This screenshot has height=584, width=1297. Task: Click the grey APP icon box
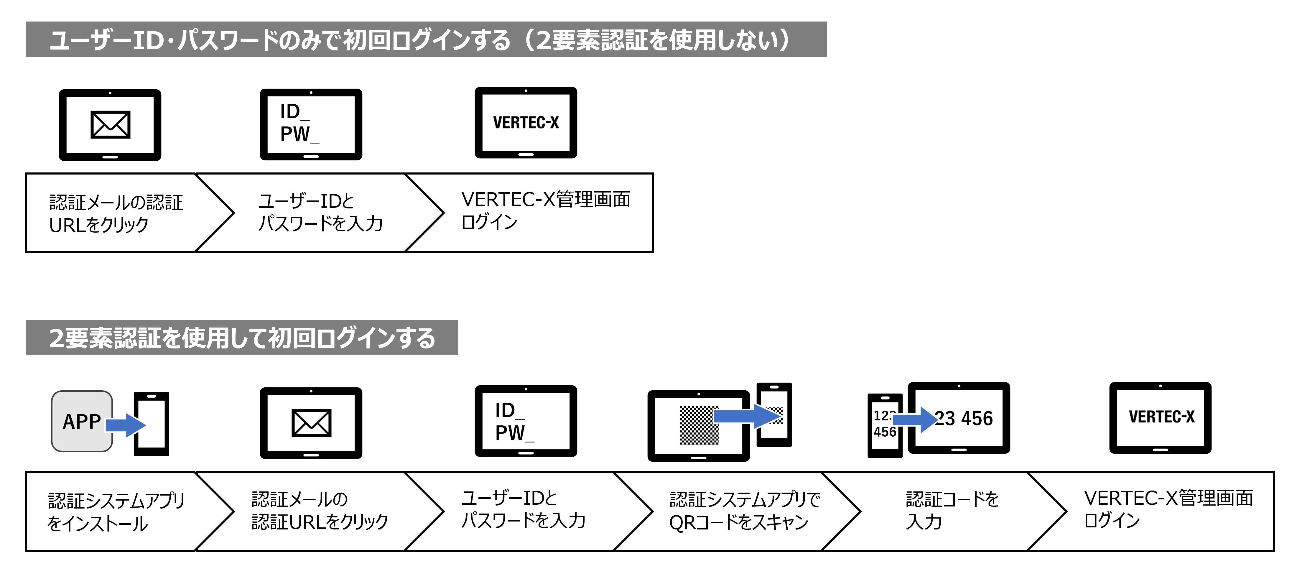tap(82, 421)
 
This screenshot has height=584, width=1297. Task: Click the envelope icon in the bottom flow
tap(311, 423)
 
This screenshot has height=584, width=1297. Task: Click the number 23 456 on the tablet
tap(963, 418)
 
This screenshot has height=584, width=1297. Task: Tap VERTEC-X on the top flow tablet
tap(526, 122)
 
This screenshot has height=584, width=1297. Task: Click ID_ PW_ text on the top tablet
tap(299, 123)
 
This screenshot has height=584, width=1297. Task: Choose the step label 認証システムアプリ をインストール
tap(116, 511)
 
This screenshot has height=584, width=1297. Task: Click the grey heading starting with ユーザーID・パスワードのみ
tap(426, 39)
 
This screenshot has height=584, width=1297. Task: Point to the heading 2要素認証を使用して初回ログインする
tap(242, 337)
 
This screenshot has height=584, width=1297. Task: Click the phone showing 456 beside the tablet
tap(885, 425)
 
